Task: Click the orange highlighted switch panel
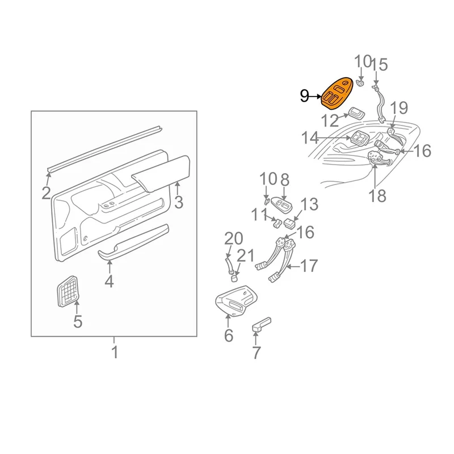pyautogui.click(x=337, y=94)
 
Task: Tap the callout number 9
pyautogui.click(x=304, y=96)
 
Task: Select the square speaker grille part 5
pyautogui.click(x=67, y=291)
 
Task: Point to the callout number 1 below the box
pyautogui.click(x=115, y=352)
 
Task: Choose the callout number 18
pyautogui.click(x=378, y=195)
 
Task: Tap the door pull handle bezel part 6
pyautogui.click(x=236, y=301)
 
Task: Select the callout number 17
pyautogui.click(x=309, y=266)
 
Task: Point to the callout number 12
pyautogui.click(x=330, y=121)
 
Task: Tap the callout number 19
pyautogui.click(x=400, y=108)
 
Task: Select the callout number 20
pyautogui.click(x=234, y=239)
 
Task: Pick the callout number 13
pyautogui.click(x=309, y=204)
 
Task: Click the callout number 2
pyautogui.click(x=46, y=194)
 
